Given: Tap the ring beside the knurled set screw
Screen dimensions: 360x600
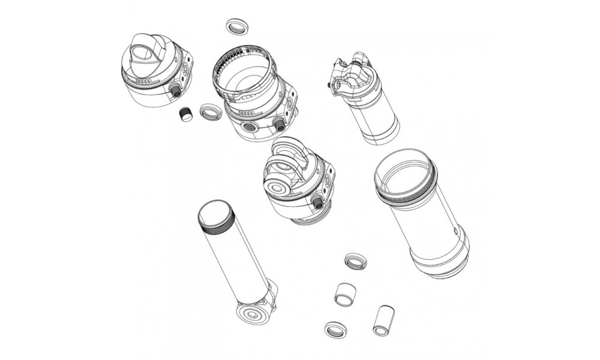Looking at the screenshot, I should click(209, 112).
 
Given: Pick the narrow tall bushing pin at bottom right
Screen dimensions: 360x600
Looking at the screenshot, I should click(382, 320).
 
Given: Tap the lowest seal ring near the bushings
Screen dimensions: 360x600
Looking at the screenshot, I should click(334, 329).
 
